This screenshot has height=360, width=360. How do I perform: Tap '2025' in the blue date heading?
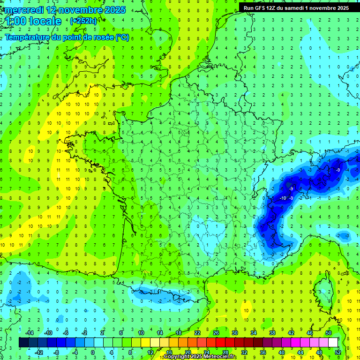click(x=114, y=10)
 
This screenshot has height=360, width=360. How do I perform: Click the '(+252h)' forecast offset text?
click(x=84, y=21)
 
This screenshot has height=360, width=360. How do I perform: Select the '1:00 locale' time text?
click(x=33, y=21)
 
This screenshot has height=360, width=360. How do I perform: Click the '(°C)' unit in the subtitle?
click(x=122, y=37)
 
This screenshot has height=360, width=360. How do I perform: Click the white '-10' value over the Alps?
click(x=283, y=198)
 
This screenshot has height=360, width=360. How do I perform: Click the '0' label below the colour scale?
click(x=93, y=352)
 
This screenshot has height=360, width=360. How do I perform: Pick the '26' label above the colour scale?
click(x=216, y=333)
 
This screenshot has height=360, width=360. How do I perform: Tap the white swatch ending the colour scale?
click(x=333, y=343)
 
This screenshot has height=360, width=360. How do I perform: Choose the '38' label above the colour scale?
click(x=272, y=333)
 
